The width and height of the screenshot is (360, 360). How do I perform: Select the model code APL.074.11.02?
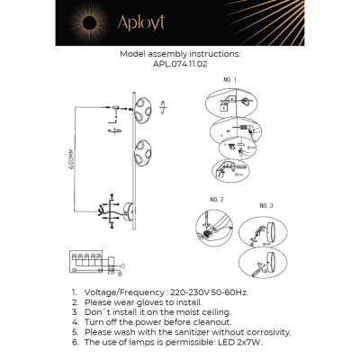pos(180,64)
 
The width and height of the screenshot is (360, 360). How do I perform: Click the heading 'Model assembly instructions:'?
pos(180,54)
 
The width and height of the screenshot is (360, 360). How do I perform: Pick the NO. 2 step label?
pos(216,198)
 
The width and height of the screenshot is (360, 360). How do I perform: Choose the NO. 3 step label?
pos(265,206)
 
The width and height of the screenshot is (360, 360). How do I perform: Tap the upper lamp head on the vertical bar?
pos(144,115)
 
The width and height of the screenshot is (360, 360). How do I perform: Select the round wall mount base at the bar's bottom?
pos(130,213)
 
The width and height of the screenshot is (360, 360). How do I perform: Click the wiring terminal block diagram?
pos(91,263)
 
